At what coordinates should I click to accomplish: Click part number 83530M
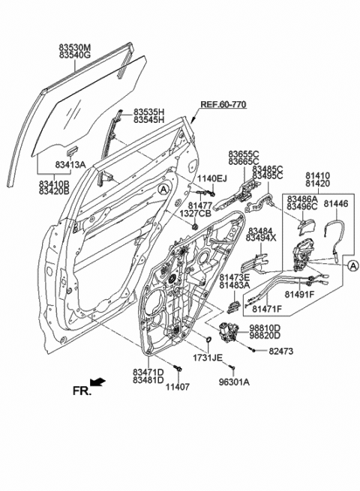pyautogui.click(x=75, y=46)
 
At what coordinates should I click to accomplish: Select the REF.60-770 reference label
pyautogui.click(x=223, y=105)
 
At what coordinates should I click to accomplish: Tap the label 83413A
pyautogui.click(x=71, y=164)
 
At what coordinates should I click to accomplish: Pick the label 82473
pyautogui.click(x=281, y=350)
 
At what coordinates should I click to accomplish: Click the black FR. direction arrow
pyautogui.click(x=98, y=382)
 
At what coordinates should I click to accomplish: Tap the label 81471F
pyautogui.click(x=266, y=309)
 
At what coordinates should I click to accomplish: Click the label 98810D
pyautogui.click(x=265, y=328)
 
